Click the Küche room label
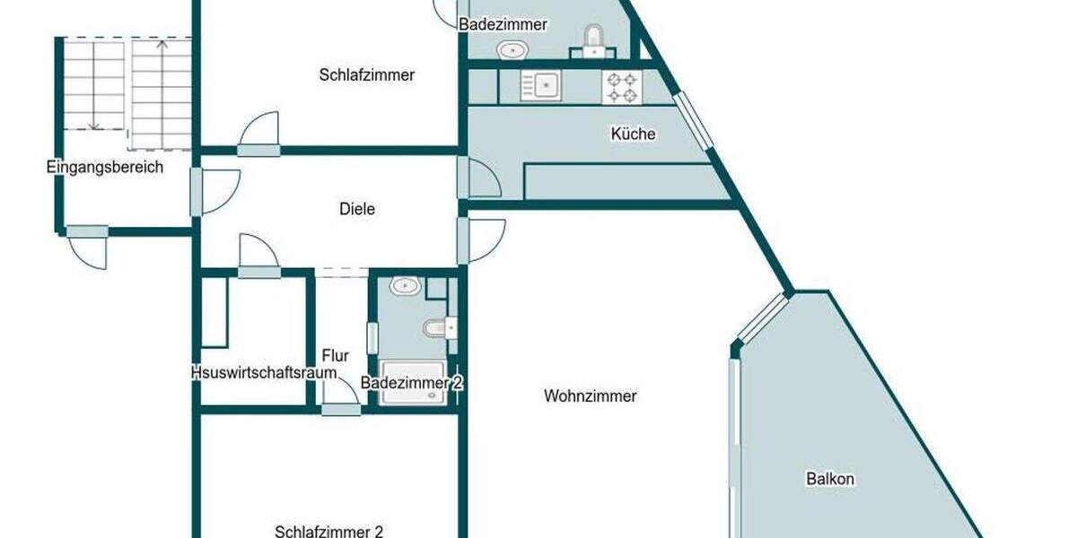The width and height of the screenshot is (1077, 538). point(633,134)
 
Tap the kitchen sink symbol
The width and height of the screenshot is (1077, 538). point(541,86)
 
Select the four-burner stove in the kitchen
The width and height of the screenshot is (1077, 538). point(622,87)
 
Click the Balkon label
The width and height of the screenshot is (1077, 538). point(829,479)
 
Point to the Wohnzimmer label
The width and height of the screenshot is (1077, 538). point(590,395)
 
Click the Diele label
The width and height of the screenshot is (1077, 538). point(357,209)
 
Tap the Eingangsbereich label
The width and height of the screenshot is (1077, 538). point(104,167)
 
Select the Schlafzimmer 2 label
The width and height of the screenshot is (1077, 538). point(329,531)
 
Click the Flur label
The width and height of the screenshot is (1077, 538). point(336,356)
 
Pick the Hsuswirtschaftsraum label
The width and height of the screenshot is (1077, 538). point(263,373)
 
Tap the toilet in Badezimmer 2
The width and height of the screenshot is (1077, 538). point(437,328)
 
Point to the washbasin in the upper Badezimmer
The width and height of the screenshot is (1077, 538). point(512,49)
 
